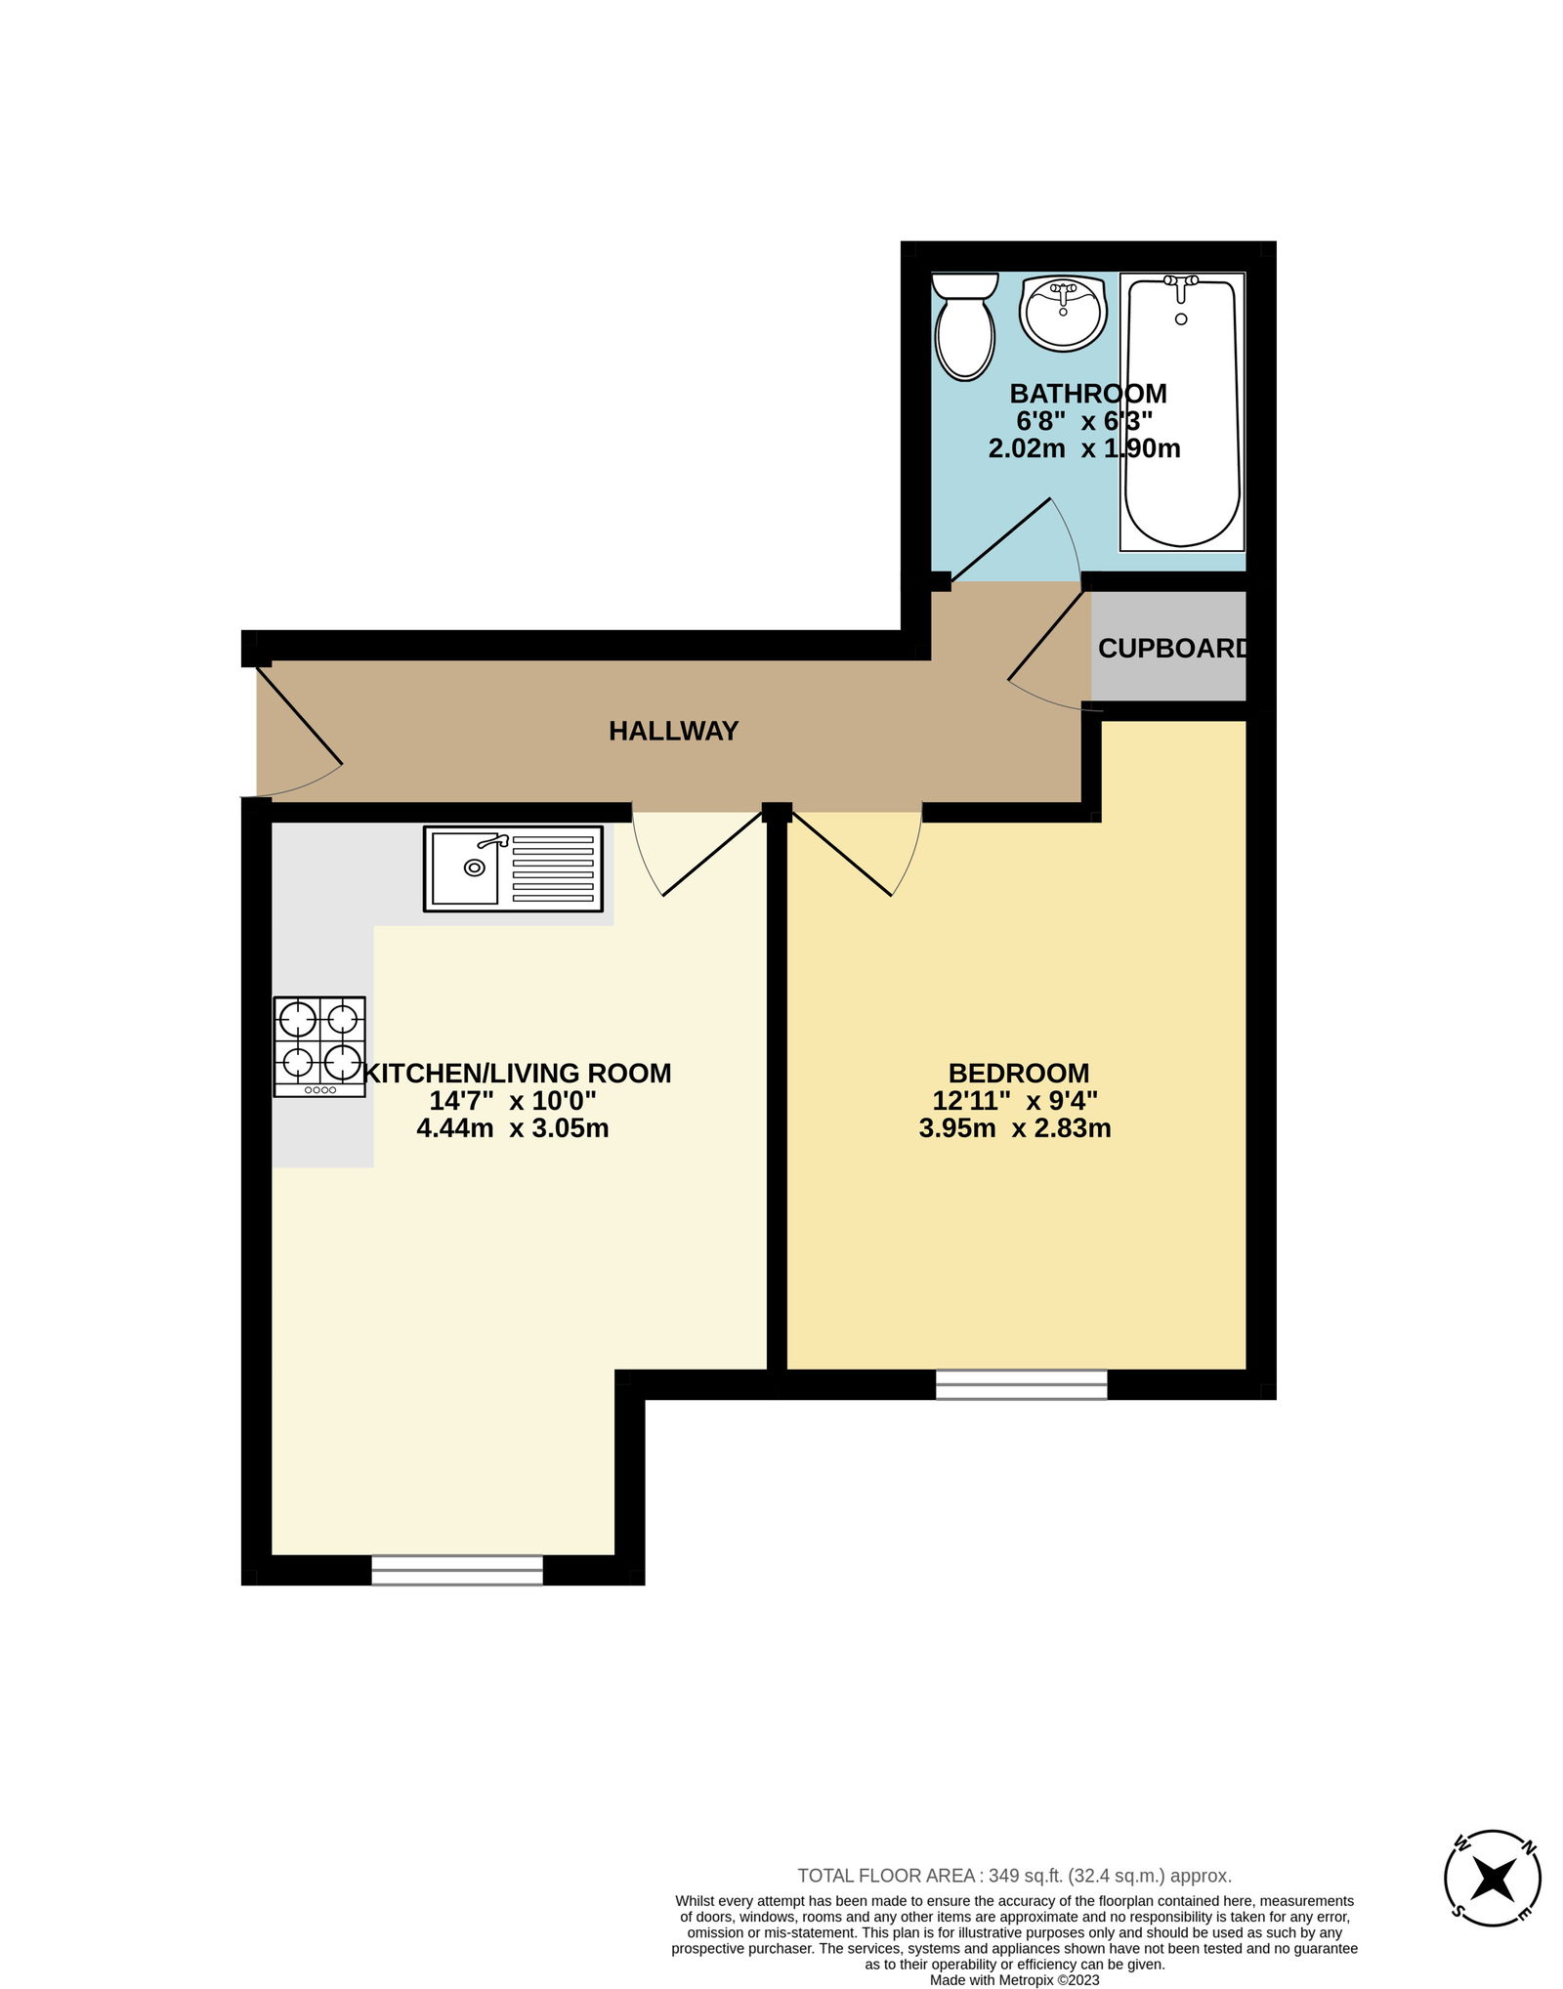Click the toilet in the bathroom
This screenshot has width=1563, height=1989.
point(964,326)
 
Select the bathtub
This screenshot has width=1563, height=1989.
point(1182,411)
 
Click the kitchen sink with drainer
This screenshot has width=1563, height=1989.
point(513,868)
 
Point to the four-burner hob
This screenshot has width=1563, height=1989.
point(319,1046)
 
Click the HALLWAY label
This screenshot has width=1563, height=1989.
point(673,731)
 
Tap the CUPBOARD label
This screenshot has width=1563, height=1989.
point(1172,648)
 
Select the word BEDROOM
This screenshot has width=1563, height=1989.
point(1018,1073)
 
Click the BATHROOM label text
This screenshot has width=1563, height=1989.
point(1087,393)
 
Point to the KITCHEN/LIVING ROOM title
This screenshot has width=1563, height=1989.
point(517,1073)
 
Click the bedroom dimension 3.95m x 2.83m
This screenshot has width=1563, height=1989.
point(1015,1128)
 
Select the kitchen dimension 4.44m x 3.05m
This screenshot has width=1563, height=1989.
point(513,1128)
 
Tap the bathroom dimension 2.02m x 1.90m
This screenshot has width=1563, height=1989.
point(1084,448)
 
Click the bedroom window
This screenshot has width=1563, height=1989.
point(1021,1384)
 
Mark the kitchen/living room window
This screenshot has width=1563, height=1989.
point(457,1570)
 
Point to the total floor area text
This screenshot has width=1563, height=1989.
point(1014,1875)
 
